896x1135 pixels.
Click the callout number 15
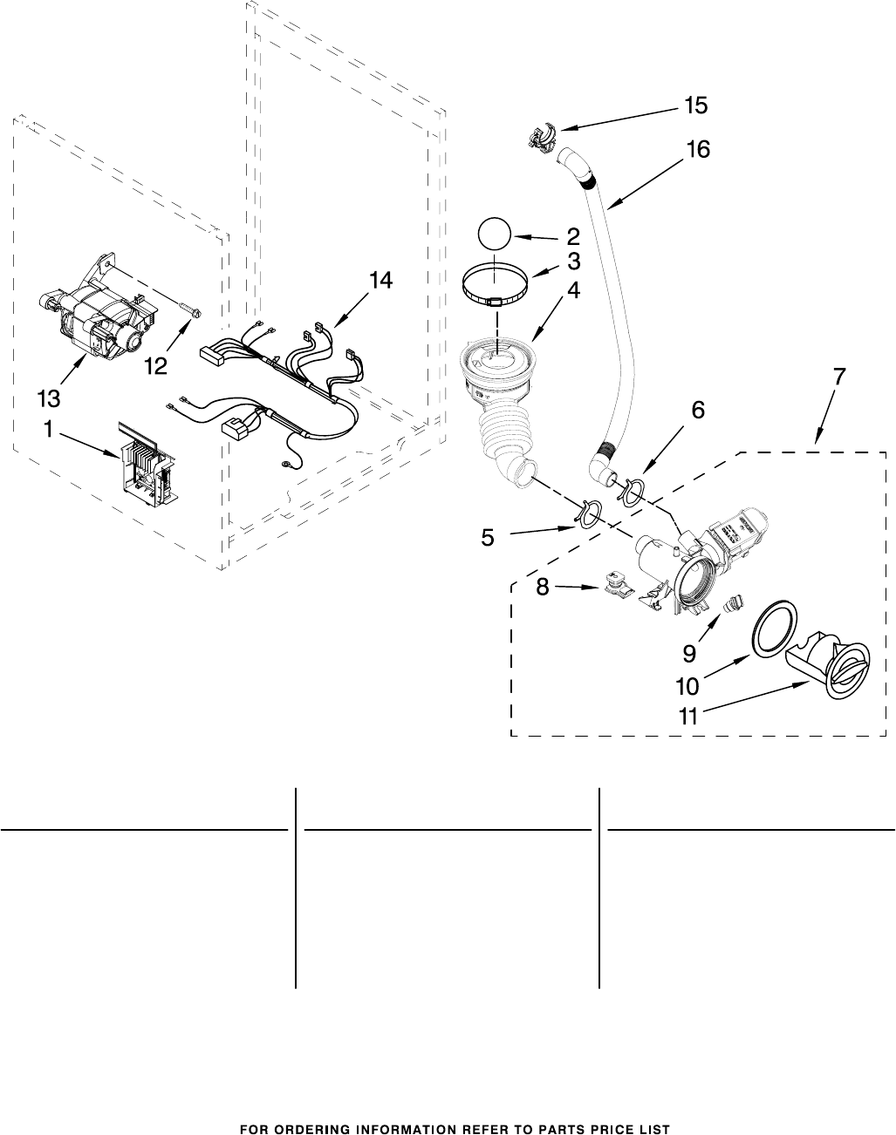pyautogui.click(x=696, y=105)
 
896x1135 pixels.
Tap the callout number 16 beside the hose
pyautogui.click(x=698, y=150)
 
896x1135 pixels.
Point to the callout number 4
pyautogui.click(x=573, y=290)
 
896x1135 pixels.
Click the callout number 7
pyautogui.click(x=839, y=376)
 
